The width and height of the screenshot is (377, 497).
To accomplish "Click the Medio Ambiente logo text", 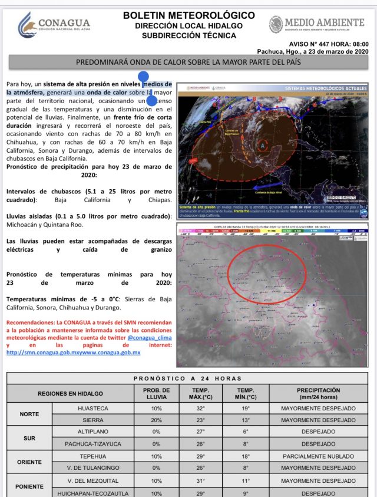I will (x=318, y=24).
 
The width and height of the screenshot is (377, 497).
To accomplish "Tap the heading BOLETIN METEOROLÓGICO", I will (x=189, y=15).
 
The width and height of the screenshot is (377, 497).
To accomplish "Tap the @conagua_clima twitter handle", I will (x=146, y=338).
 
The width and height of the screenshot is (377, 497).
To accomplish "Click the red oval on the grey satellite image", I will (x=267, y=274).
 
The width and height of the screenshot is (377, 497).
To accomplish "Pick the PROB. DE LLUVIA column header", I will (x=156, y=393).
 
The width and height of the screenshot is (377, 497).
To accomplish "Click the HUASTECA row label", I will (x=93, y=408).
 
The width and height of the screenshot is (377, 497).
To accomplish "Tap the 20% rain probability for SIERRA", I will (x=156, y=420).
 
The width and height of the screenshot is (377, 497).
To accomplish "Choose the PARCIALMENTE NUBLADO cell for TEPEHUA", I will (x=319, y=456).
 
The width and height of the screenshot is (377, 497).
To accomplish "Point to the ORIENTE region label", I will (x=29, y=462).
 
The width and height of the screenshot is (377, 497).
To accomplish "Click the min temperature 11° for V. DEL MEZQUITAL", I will (x=246, y=481).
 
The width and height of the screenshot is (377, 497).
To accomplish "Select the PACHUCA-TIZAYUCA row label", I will (x=93, y=444).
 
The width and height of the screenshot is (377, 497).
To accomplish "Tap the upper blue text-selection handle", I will (x=143, y=76).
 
